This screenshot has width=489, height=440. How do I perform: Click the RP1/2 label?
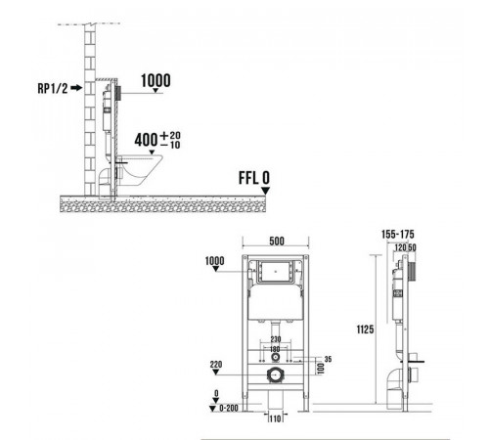53,88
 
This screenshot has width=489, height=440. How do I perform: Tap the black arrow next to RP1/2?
76,88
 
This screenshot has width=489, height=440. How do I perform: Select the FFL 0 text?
254,178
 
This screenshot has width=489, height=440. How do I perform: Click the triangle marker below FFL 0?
266,191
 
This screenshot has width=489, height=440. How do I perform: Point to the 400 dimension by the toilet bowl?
146,140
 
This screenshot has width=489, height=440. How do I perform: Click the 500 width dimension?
277,242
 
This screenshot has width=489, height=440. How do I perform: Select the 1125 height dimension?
365,330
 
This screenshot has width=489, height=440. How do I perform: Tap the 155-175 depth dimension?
398,234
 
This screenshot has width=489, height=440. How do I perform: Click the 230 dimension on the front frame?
276,339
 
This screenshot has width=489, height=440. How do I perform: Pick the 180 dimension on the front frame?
275,349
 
